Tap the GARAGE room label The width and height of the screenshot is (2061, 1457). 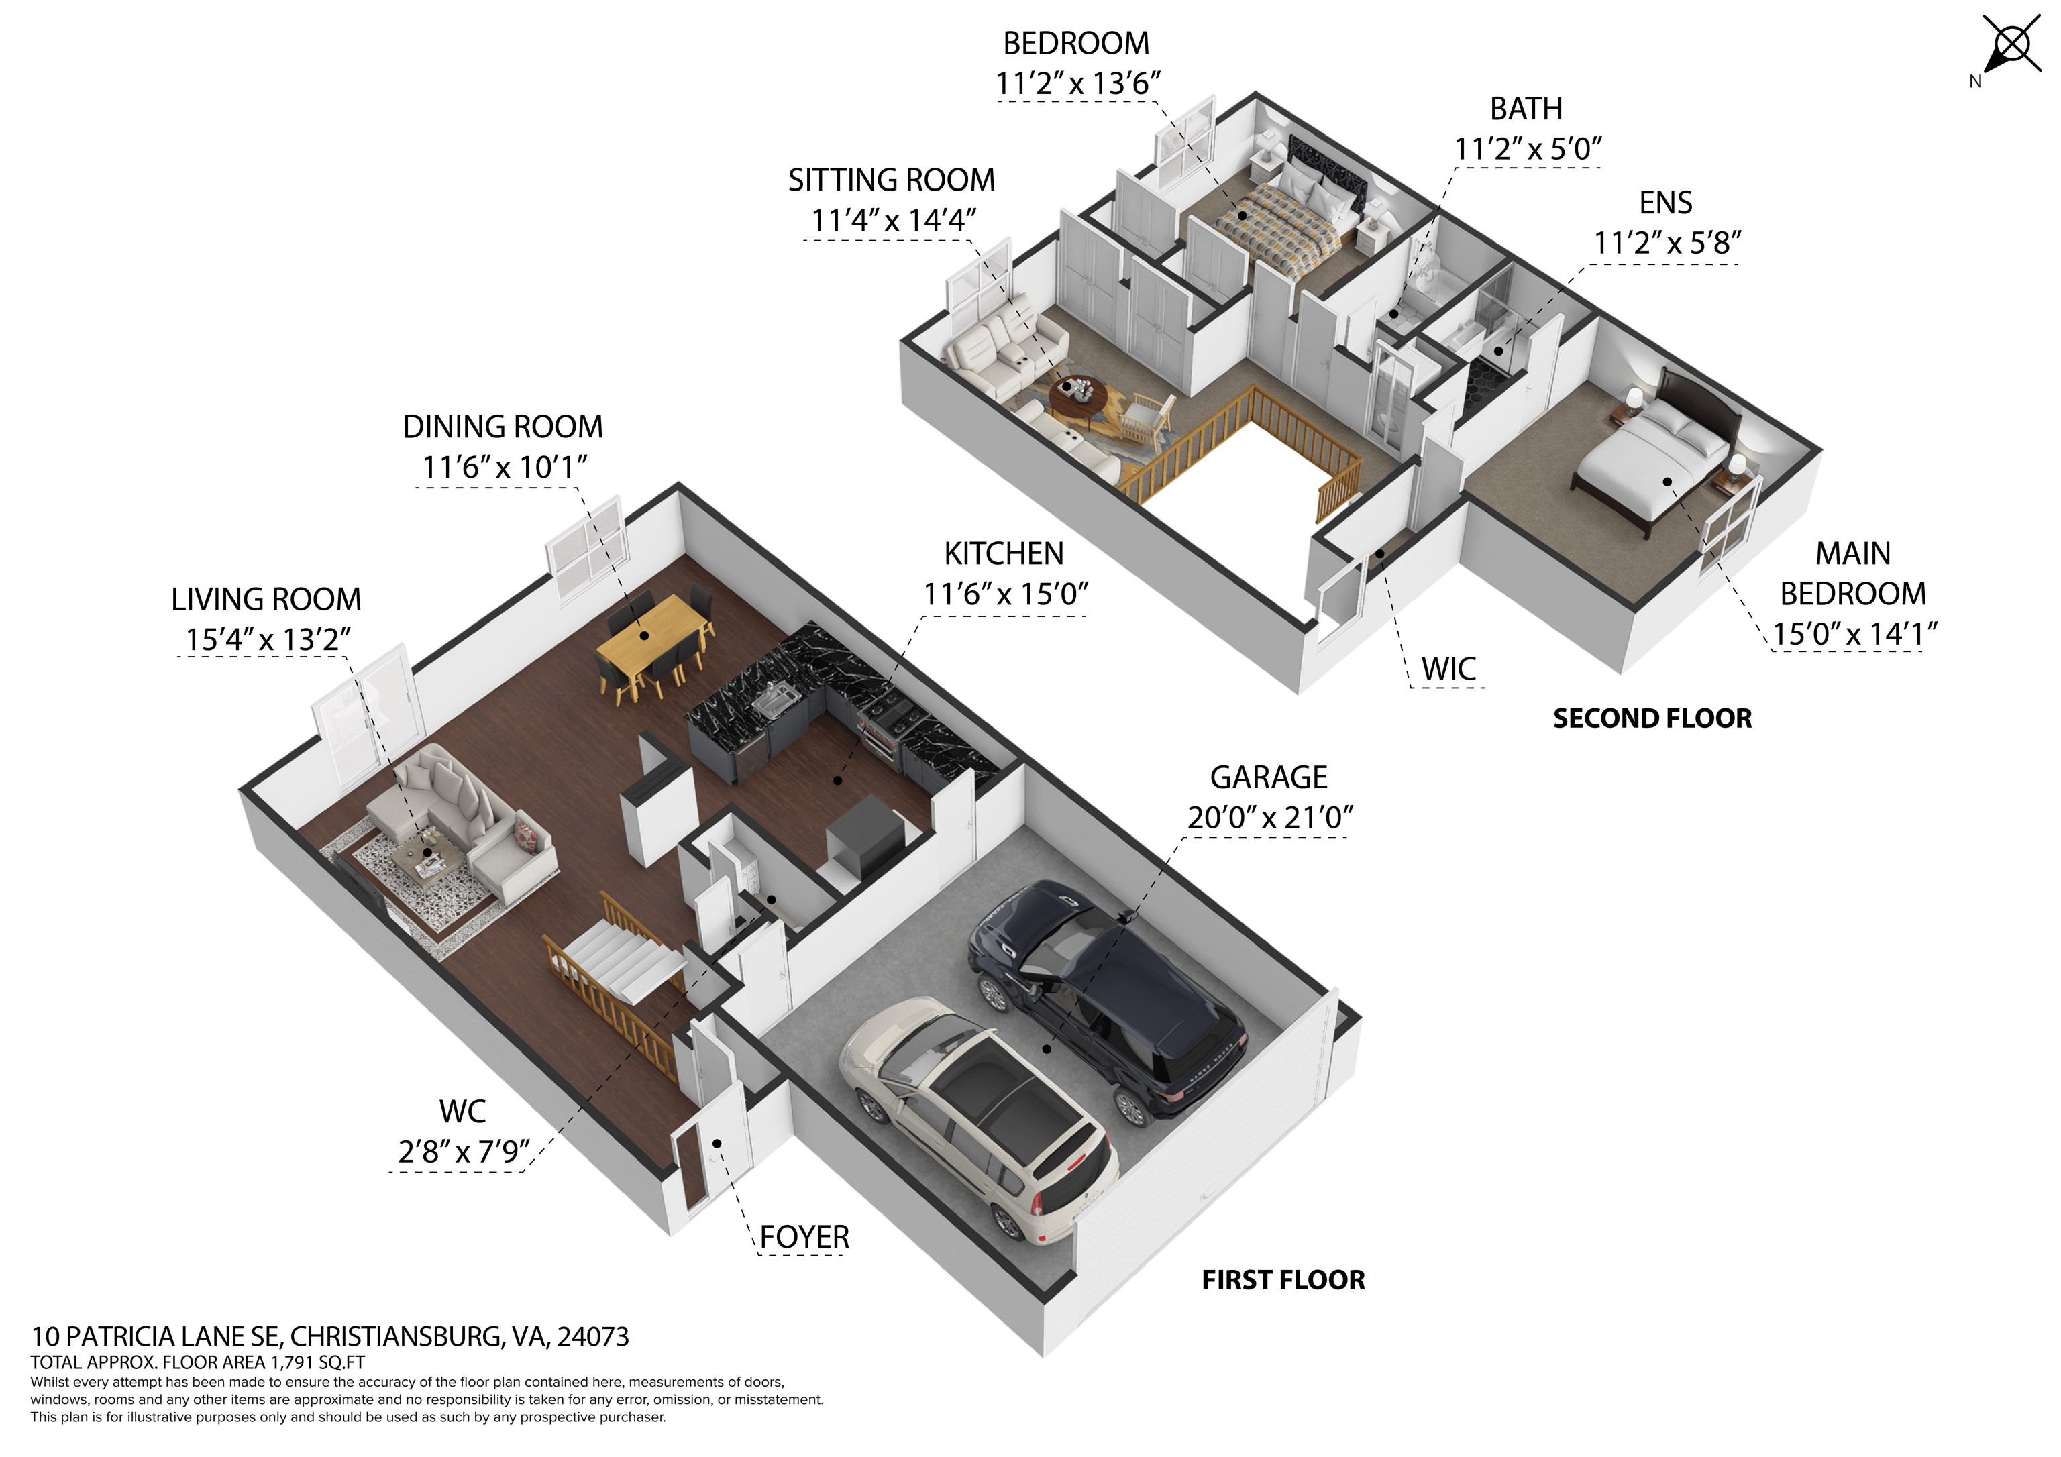1269,777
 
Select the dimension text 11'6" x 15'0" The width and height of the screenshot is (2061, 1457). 1006,594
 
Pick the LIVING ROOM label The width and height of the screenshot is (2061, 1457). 266,600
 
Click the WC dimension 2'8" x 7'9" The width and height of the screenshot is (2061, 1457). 463,1152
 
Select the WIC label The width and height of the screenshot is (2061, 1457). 1448,669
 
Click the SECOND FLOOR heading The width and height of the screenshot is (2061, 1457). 1652,719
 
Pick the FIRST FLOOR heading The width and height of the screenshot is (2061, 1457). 1283,1280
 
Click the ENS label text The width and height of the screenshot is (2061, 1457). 1665,203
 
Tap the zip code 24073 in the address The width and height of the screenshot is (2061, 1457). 592,1337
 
